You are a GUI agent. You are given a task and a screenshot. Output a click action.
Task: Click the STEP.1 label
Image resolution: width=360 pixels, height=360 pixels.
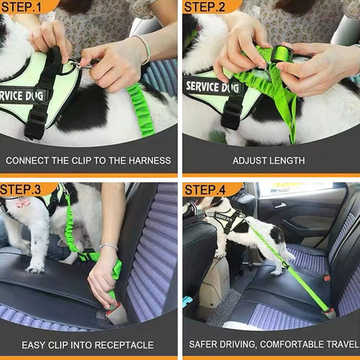(21, 7)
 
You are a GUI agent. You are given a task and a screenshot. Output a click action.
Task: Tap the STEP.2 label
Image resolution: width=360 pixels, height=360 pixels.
(205, 7)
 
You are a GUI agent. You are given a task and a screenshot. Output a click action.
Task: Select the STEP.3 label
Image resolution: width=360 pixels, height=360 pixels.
(20, 190)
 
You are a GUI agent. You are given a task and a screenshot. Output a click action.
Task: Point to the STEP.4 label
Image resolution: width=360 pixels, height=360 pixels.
(205, 190)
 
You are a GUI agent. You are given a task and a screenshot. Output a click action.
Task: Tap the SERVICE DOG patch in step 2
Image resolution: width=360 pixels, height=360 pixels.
(214, 88)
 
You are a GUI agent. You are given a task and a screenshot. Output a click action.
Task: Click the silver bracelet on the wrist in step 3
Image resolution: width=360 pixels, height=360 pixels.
(109, 247)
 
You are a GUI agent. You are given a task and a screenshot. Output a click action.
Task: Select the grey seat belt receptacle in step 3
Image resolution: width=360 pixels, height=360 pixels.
(115, 313)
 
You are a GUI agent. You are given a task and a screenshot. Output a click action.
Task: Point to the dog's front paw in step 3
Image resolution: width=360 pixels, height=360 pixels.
(35, 268)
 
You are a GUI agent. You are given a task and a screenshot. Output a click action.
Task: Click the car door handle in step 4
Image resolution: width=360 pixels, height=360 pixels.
(280, 205)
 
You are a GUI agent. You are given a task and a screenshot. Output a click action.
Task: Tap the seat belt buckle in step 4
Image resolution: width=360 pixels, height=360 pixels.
(330, 313)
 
